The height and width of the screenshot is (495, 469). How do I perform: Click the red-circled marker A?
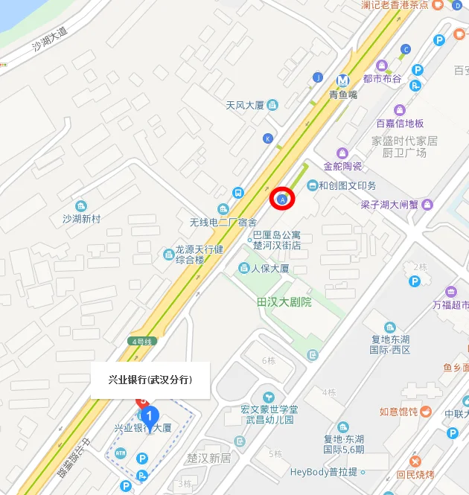point(282,199)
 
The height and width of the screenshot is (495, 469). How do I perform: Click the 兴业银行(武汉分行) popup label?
point(150,380)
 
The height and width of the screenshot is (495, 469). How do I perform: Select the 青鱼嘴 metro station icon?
point(342,80)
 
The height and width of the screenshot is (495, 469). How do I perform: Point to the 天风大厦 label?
point(246,106)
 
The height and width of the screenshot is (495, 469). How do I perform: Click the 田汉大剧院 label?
point(284,302)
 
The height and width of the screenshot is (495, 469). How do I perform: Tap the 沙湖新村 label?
point(81,219)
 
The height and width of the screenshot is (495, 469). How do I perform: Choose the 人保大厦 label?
point(269,268)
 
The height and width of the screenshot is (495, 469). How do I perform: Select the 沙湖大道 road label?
point(49,45)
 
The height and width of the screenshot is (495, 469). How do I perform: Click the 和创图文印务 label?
point(347,185)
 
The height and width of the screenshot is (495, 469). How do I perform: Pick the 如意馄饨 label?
point(399,412)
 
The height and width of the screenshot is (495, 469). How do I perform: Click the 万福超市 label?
point(451,304)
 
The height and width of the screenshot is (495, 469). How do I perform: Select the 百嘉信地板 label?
point(400,123)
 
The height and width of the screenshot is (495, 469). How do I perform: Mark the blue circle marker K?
point(267,138)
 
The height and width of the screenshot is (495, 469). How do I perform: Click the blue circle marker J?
point(318,77)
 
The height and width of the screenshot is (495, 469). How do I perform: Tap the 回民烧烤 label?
point(415,474)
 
